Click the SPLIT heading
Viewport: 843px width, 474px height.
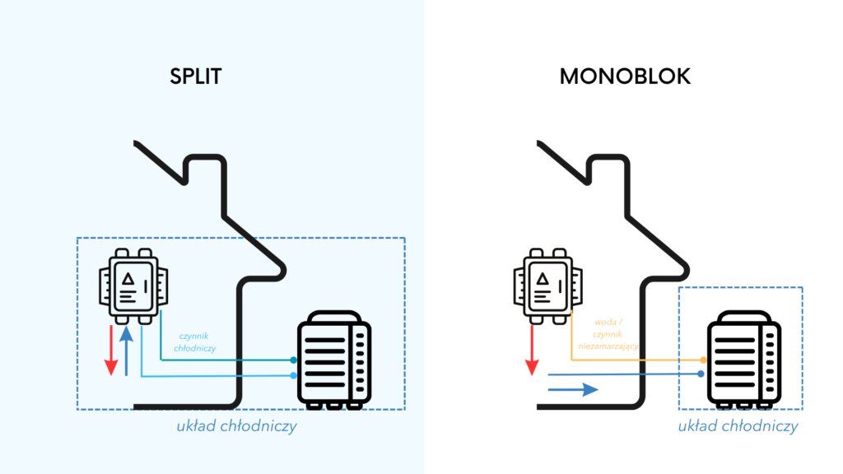tap(196, 77)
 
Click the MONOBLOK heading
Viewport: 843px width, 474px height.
tap(625, 77)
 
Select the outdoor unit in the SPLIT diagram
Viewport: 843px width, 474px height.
tap(333, 360)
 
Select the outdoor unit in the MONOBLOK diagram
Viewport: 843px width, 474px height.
tap(743, 360)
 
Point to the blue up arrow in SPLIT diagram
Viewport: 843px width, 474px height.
tap(126, 350)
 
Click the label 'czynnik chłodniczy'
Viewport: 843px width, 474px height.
tap(197, 342)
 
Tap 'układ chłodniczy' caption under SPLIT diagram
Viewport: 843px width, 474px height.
tap(236, 426)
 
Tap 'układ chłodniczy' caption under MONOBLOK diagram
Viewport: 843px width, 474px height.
tap(738, 426)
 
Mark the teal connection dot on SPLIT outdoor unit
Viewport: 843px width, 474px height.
tap(294, 360)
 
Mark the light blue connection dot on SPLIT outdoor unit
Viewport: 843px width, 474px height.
tap(294, 375)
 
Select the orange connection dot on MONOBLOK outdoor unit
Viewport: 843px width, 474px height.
tap(702, 360)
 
